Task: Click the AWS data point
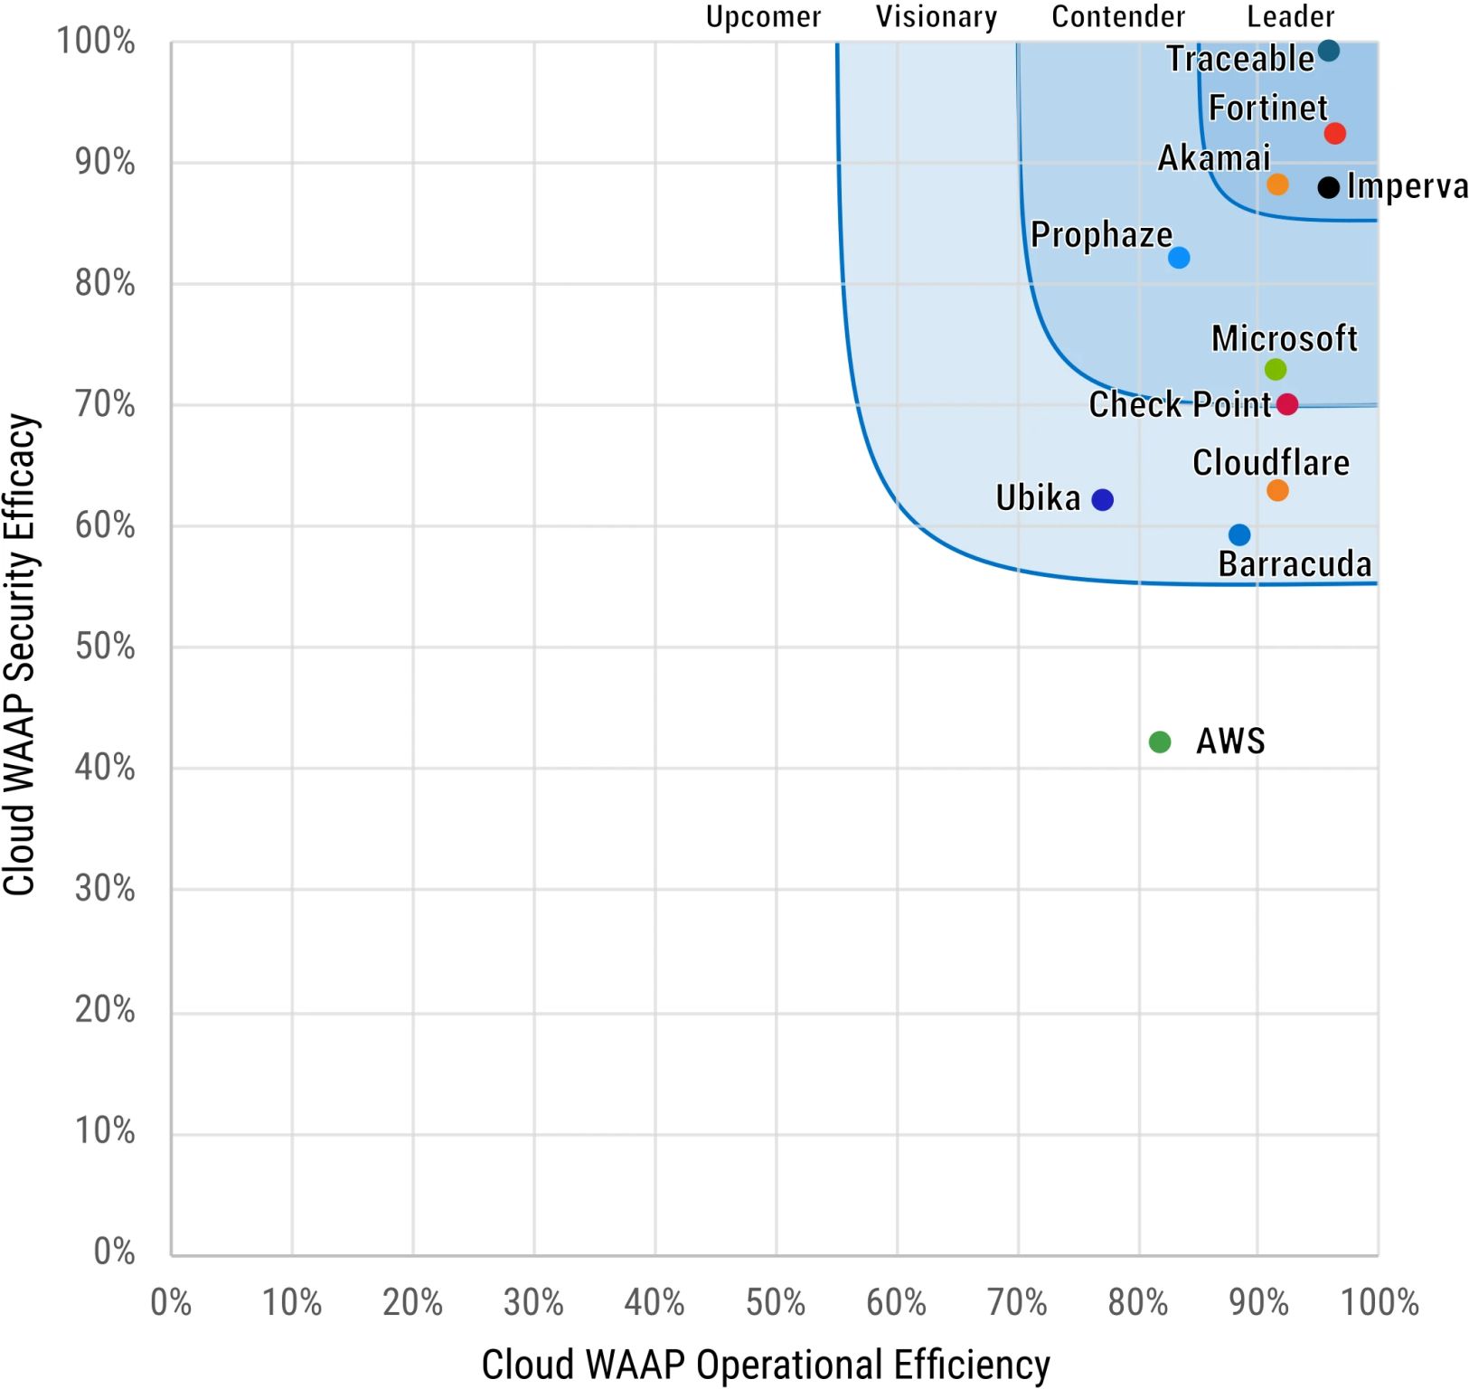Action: (x=1159, y=742)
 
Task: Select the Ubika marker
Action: (x=1102, y=500)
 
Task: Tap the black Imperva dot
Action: (x=1328, y=188)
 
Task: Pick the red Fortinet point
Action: (x=1334, y=134)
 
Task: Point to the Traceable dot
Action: (x=1328, y=51)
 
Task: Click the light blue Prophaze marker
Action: (x=1179, y=258)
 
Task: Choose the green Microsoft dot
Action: (x=1275, y=369)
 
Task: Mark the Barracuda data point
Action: (x=1239, y=535)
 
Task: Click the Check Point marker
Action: (x=1287, y=404)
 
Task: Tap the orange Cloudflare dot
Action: (x=1277, y=490)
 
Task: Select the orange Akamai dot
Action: (x=1277, y=184)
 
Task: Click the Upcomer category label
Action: (x=763, y=16)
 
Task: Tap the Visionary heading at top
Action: (x=937, y=16)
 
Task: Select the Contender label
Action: (x=1118, y=16)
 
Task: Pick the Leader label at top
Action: (x=1290, y=16)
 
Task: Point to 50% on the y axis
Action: (x=105, y=647)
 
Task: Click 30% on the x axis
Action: (x=533, y=1303)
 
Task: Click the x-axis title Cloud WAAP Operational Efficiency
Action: (x=766, y=1365)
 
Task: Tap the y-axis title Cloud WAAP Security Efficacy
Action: (x=20, y=655)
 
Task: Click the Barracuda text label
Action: (x=1295, y=564)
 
